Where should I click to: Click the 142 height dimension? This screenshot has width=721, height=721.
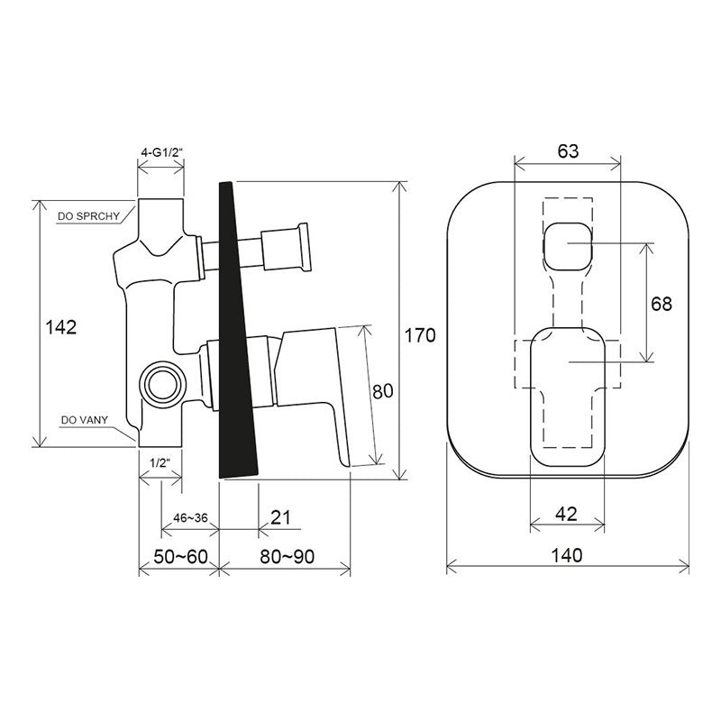tap(60, 327)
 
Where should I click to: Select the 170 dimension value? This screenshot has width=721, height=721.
tap(419, 335)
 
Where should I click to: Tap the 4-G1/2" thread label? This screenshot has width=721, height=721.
tap(162, 152)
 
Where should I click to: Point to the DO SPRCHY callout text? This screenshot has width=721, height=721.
tap(88, 216)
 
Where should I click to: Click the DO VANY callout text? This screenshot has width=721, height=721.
tap(85, 420)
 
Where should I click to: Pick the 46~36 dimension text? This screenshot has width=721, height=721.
tap(190, 517)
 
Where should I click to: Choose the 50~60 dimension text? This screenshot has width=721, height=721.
tap(181, 557)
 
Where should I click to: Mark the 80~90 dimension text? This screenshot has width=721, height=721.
tap(287, 557)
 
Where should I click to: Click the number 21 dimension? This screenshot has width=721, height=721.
tap(280, 517)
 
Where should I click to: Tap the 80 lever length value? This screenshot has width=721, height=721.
tap(383, 391)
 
